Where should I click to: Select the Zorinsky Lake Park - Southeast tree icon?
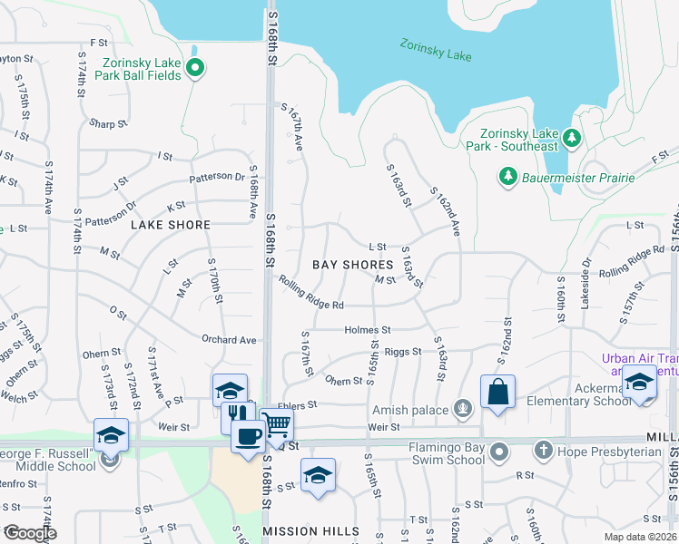pyautogui.click(x=571, y=138)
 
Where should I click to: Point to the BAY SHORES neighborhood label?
pyautogui.click(x=353, y=265)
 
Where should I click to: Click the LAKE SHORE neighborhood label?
pyautogui.click(x=171, y=224)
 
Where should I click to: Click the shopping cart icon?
pyautogui.click(x=276, y=423)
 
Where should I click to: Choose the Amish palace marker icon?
pyautogui.click(x=463, y=410)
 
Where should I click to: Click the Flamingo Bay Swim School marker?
pyautogui.click(x=498, y=451)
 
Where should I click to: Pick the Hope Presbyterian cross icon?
pyautogui.click(x=543, y=450)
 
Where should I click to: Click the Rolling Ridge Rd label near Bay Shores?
pyautogui.click(x=311, y=293)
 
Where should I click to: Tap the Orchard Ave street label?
pyautogui.click(x=229, y=340)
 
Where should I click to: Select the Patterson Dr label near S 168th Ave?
pyautogui.click(x=217, y=178)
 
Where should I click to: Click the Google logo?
pyautogui.click(x=29, y=533)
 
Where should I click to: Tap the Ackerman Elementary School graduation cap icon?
pyautogui.click(x=639, y=382)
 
